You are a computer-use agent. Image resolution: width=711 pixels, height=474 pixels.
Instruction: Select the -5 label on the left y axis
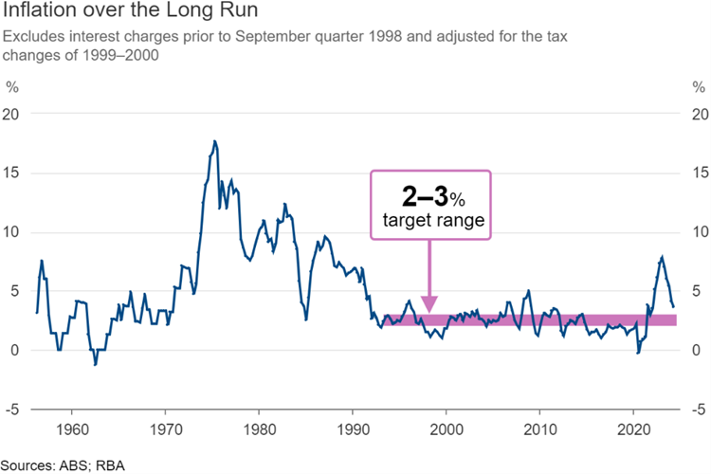[12, 410]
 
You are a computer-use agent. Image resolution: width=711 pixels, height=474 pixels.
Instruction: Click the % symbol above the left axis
[12, 87]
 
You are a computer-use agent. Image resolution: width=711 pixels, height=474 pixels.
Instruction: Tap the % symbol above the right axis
[698, 87]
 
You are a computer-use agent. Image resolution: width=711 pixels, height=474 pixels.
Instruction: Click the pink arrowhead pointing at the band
[429, 305]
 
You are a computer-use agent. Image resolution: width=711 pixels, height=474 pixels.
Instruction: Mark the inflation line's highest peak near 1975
[214, 141]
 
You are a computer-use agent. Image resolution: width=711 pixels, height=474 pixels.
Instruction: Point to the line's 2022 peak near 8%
[662, 257]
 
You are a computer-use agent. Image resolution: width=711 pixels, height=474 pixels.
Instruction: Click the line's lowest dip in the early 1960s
[95, 364]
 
